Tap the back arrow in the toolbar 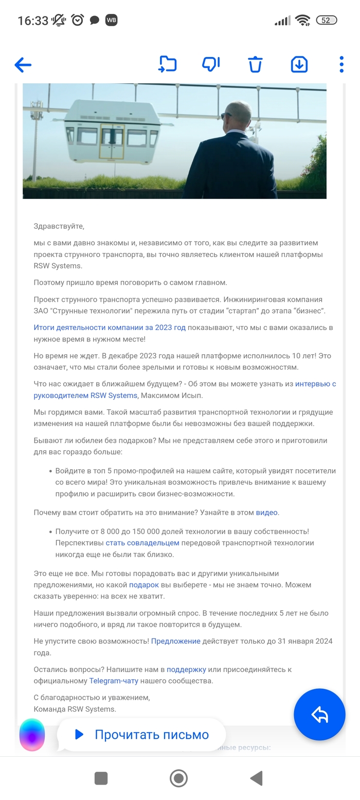[x=23, y=65]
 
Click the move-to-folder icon [x=168, y=64]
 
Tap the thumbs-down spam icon [x=211, y=64]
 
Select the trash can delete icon [x=255, y=65]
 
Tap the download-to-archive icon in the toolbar [x=299, y=64]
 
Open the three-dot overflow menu [x=341, y=64]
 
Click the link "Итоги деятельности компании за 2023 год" [x=110, y=328]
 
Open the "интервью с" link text [x=315, y=384]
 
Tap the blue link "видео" [x=266, y=513]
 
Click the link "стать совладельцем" [x=142, y=543]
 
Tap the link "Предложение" [x=175, y=642]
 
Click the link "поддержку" [x=186, y=670]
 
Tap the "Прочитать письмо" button [x=141, y=735]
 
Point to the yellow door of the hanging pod [x=113, y=141]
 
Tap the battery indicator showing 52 [x=326, y=21]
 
